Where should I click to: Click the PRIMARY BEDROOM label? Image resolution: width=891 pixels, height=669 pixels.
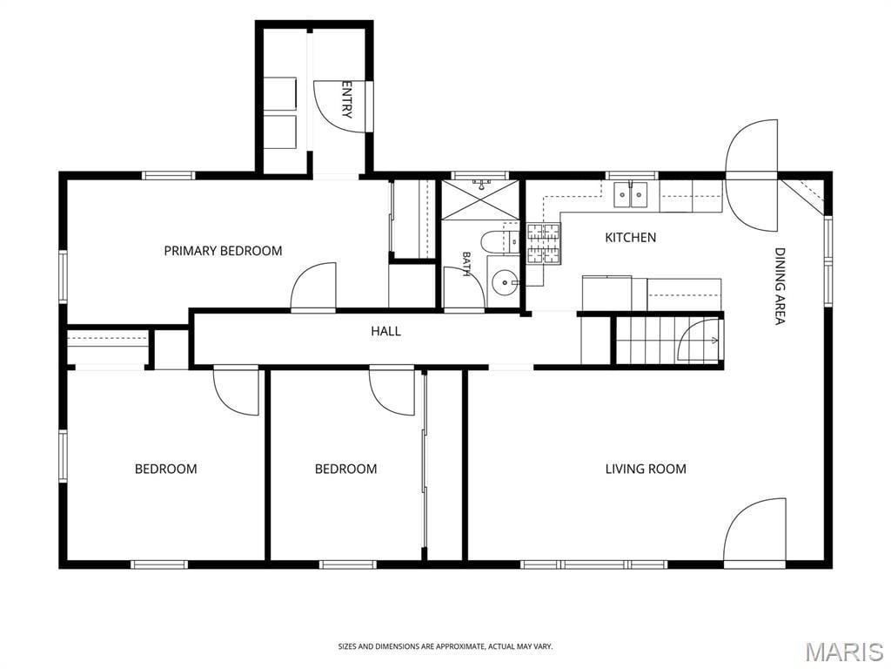(x=223, y=251)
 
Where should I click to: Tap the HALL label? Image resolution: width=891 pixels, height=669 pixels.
(x=385, y=331)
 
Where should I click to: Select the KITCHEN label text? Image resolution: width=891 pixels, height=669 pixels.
(x=630, y=237)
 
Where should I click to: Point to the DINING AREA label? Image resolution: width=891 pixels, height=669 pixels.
(x=780, y=286)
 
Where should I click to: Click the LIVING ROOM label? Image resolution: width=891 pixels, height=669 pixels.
(x=646, y=469)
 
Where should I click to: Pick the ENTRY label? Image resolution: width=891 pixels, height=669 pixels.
(x=346, y=99)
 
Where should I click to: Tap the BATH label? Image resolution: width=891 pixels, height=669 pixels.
(x=466, y=264)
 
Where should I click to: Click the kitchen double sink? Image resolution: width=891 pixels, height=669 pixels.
(x=632, y=195)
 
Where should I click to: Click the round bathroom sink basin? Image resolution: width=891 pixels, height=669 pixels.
(x=503, y=281)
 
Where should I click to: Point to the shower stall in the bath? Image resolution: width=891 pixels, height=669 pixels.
(x=480, y=199)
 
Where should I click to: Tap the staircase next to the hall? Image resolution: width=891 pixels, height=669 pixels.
(x=668, y=341)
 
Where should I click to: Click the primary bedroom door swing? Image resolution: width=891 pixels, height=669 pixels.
(x=313, y=286)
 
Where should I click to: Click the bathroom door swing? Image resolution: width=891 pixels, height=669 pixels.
(x=463, y=288)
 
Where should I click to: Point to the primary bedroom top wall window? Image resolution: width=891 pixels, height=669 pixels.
(x=168, y=175)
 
